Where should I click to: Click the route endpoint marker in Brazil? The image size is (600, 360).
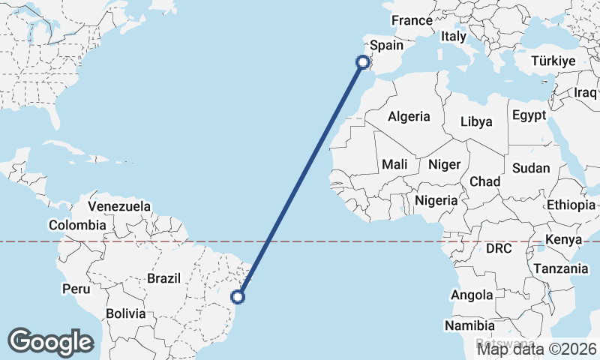tap(238, 297)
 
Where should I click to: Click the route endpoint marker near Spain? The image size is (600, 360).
tap(363, 62)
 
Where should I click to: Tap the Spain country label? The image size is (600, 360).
tap(387, 45)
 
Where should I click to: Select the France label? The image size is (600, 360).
tap(412, 20)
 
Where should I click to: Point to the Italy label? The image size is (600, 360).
tap(454, 35)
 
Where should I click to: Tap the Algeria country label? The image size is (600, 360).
tap(409, 116)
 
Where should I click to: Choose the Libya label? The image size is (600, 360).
tap(476, 121)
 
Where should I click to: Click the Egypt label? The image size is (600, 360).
tap(530, 115)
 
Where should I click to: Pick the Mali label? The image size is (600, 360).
tap(394, 164)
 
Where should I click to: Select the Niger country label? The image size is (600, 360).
tap(443, 164)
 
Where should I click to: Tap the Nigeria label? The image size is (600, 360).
tap(436, 200)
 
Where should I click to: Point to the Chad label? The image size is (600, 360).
tap(484, 181)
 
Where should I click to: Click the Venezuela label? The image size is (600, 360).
tap(119, 206)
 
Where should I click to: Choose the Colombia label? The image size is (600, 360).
tap(77, 225)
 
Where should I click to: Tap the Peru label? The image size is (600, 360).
tap(76, 289)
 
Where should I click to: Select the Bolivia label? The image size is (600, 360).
tap(125, 313)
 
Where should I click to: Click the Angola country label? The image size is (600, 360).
tap(472, 295)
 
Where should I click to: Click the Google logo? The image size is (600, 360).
tap(50, 342)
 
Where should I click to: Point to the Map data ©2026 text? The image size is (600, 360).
tap(537, 348)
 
